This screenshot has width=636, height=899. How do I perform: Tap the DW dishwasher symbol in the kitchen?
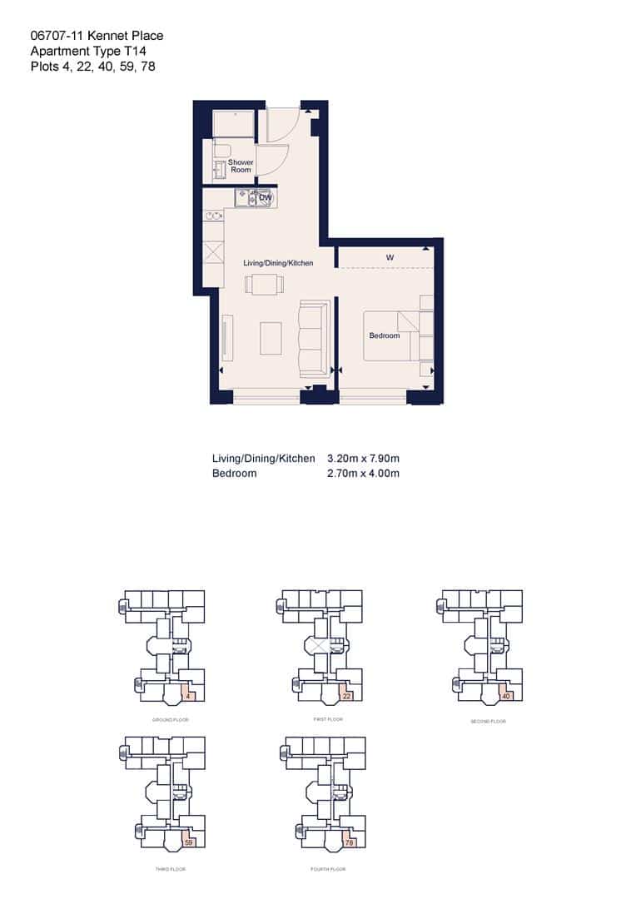coord(265,198)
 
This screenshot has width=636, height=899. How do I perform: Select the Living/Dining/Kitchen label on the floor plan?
coord(278,263)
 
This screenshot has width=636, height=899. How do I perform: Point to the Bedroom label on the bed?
coord(385,335)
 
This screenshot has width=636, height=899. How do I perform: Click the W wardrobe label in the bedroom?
coord(389,258)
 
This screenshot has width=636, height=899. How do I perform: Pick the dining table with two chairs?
coord(261,285)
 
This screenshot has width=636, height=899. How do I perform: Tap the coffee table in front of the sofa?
coord(271,336)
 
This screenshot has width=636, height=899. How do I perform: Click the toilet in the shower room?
coord(221,151)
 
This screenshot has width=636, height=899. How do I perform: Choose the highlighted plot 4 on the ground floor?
coord(189,695)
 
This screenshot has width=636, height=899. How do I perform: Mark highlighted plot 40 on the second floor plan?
coord(506,695)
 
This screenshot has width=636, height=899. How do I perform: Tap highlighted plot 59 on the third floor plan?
coord(188,842)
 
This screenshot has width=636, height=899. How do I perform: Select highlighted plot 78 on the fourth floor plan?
coord(349,842)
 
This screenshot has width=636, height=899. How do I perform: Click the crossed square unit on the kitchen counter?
coord(212,252)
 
